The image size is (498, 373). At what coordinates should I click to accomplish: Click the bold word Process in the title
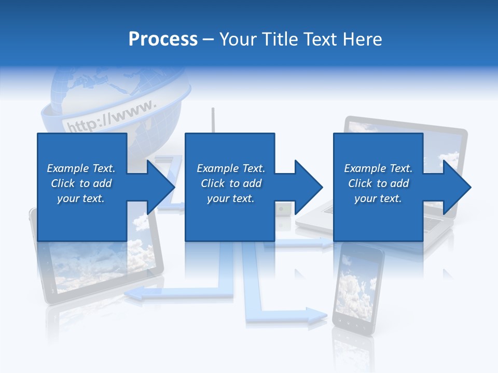click(163, 39)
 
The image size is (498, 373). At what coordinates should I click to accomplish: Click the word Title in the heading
click(280, 39)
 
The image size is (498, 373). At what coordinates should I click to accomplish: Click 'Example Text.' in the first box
click(81, 168)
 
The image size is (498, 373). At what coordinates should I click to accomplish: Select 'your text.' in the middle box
click(230, 198)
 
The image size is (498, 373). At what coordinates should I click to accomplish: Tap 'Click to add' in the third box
click(378, 183)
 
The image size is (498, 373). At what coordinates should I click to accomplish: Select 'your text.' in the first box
click(81, 198)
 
